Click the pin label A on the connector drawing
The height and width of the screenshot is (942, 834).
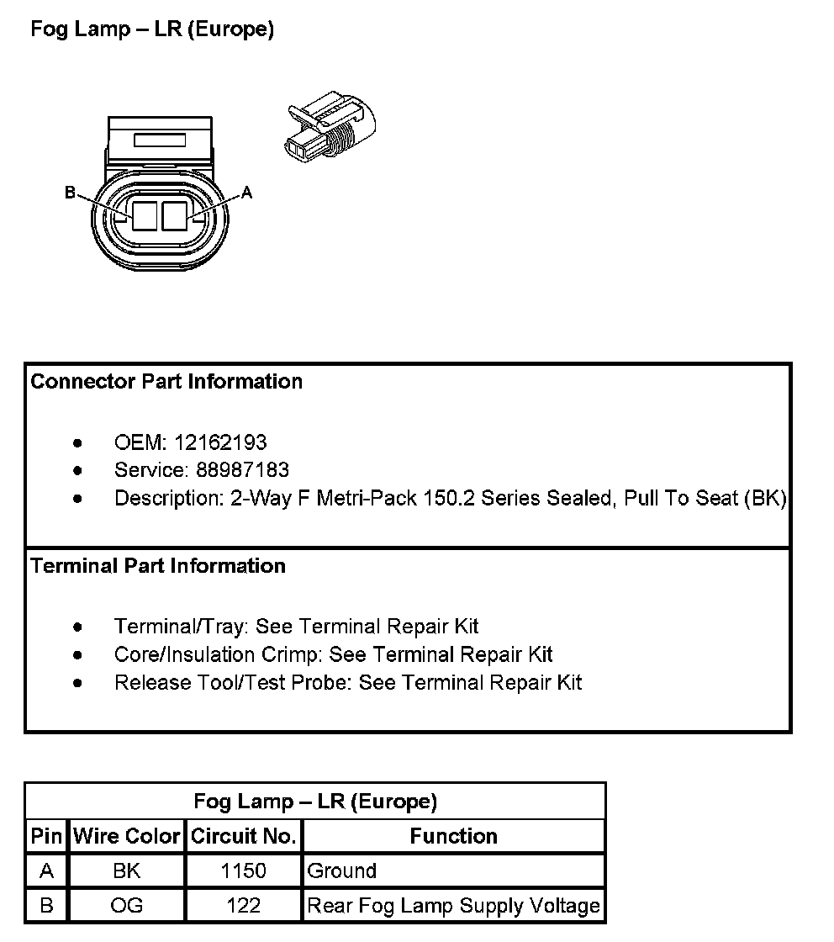click(246, 193)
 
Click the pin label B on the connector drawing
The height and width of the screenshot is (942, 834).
click(71, 193)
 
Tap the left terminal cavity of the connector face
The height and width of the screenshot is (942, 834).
click(145, 215)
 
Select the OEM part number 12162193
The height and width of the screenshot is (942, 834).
click(220, 442)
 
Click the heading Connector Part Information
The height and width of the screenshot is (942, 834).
click(166, 382)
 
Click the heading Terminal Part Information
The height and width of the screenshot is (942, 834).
click(158, 566)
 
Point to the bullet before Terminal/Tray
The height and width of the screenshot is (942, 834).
click(78, 627)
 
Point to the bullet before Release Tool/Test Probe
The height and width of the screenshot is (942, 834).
click(78, 682)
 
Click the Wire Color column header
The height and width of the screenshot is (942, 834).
click(127, 836)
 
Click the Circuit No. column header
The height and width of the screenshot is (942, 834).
click(244, 836)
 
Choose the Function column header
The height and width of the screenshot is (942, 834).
click(453, 836)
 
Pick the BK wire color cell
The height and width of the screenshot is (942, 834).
click(127, 871)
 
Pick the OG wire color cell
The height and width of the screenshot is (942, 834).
click(127, 906)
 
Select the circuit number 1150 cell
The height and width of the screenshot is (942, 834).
click(244, 871)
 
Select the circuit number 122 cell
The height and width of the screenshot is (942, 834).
click(244, 906)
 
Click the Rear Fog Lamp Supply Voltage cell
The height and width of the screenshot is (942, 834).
click(454, 906)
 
